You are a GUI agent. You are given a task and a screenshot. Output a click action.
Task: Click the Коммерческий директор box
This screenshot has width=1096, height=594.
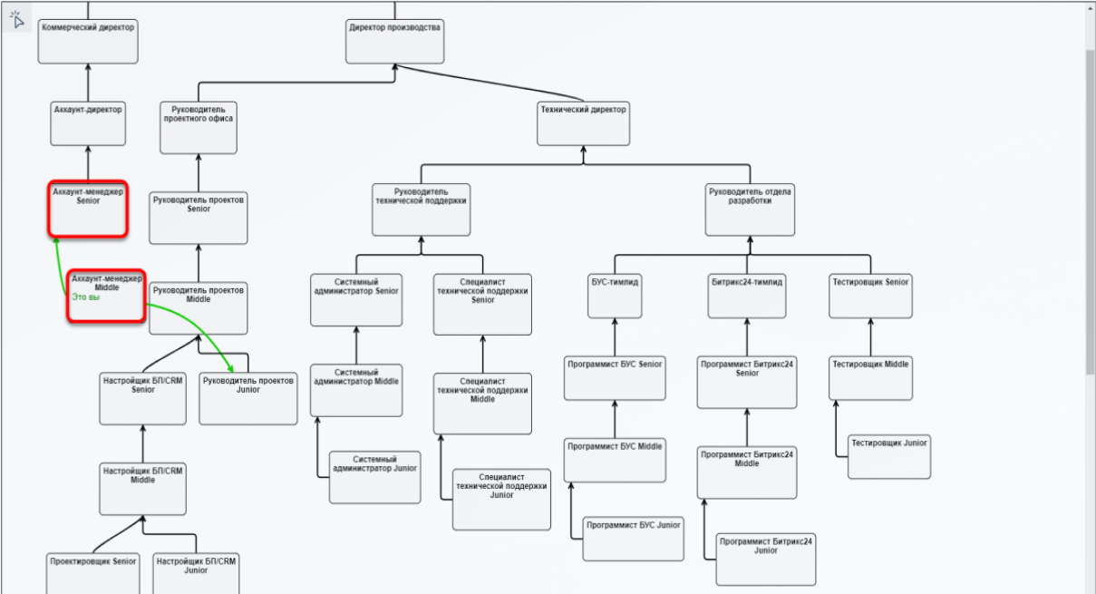pos(87,41)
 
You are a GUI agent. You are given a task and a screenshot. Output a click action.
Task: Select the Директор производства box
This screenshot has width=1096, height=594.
pos(394,41)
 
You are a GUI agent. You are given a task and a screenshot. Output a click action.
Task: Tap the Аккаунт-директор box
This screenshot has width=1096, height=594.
pos(87,122)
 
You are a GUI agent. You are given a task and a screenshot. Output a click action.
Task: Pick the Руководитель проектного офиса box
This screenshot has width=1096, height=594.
pos(199,127)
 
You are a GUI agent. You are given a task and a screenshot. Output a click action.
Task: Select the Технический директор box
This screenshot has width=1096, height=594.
pos(583,122)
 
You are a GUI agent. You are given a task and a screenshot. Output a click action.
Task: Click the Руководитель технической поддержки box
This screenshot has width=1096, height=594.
pos(422,209)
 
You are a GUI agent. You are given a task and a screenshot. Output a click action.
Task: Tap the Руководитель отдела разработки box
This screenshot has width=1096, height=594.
pos(751,209)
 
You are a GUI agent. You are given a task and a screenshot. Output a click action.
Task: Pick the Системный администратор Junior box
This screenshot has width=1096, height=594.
pos(374,477)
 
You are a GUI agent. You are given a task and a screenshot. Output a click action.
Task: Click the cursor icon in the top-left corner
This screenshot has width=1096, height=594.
pos(16,17)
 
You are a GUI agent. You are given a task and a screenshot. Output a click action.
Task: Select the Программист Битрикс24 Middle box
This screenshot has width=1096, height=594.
pos(747,472)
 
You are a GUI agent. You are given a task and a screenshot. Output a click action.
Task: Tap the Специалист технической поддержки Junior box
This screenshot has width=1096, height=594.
pos(501,499)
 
